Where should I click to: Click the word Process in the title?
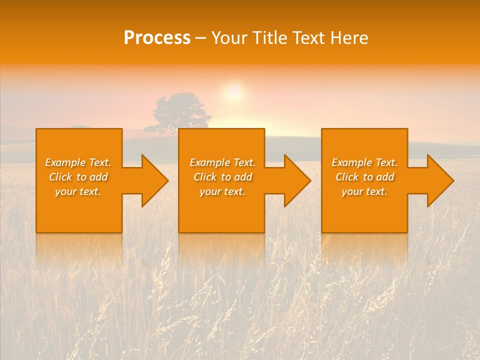tap(157, 38)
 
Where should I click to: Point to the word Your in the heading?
tap(231, 38)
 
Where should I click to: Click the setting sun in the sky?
tap(233, 92)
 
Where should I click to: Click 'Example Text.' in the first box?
tap(78, 162)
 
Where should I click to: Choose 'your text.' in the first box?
tap(78, 191)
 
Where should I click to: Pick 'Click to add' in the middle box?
tap(222, 177)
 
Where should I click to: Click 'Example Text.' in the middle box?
tap(222, 162)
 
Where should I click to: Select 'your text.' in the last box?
tap(364, 191)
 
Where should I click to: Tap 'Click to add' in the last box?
tap(364, 177)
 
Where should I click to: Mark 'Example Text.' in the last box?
tap(364, 162)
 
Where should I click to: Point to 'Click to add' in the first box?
tap(78, 177)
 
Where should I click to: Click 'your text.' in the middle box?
tap(222, 191)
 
